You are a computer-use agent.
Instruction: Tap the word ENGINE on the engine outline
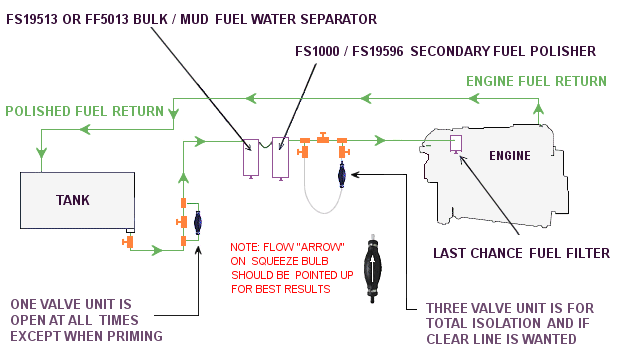click(509, 157)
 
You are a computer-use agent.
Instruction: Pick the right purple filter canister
click(280, 156)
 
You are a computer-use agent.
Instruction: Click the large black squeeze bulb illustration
click(375, 269)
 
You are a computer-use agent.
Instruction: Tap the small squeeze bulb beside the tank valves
click(197, 222)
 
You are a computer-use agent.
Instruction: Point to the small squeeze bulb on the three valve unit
click(342, 174)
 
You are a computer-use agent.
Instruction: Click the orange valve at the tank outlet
click(128, 242)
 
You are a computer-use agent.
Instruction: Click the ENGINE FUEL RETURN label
click(538, 80)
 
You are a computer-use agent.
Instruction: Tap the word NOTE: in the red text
click(247, 246)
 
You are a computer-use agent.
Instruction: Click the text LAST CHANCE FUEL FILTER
click(521, 253)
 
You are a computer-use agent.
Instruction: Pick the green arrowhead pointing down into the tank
click(41, 153)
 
